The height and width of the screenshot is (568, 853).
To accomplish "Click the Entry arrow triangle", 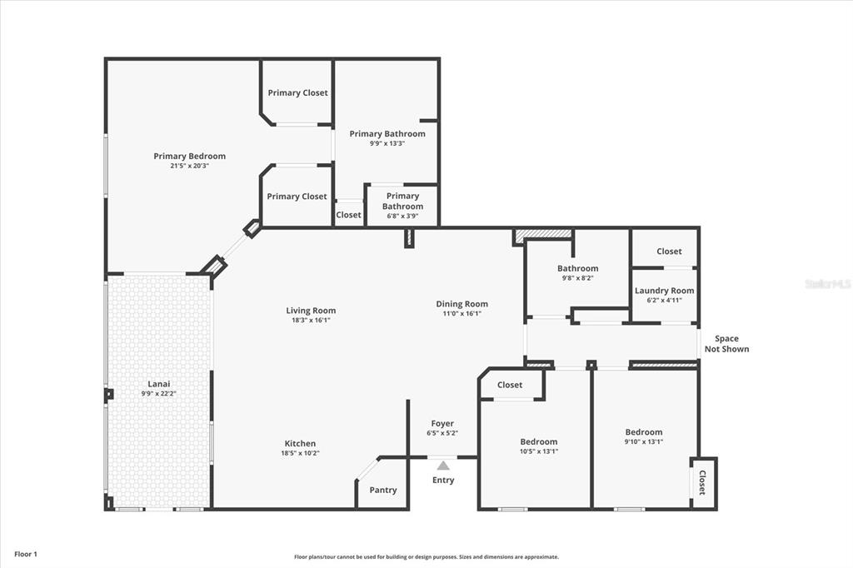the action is tap(443, 466).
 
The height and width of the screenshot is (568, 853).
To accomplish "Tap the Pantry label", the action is tap(383, 490).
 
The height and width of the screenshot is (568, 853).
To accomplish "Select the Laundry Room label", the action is tap(664, 291).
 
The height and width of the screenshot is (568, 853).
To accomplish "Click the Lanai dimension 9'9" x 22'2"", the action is tap(159, 393).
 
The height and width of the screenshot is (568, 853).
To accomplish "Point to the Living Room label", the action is tap(312, 311).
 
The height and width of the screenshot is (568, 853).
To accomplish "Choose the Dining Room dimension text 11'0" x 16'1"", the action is tap(461, 313).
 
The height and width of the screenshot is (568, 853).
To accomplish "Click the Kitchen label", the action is tap(300, 443).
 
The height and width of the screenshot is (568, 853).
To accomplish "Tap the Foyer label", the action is tap(442, 423).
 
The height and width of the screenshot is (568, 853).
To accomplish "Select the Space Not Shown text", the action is tap(726, 344).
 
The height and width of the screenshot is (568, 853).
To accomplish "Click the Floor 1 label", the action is tap(26, 555).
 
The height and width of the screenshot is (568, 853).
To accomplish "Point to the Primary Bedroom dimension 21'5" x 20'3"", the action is tap(189, 166).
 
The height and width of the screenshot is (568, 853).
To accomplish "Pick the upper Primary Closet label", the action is tap(297, 93).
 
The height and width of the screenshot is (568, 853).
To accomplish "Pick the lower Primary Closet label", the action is tap(297, 197).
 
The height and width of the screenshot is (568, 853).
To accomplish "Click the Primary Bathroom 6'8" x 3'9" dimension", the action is tap(402, 216).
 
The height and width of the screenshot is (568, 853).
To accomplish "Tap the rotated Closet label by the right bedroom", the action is tap(701, 482).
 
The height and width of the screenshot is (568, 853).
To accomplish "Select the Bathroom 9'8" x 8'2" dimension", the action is tap(578, 277).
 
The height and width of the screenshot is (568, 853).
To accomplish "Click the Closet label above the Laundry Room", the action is tap(669, 252).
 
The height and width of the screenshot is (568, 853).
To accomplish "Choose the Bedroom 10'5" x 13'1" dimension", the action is tap(539, 451).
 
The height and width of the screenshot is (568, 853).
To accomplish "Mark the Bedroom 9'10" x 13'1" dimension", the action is tap(644, 441).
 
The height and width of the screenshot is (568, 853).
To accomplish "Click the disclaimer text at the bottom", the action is tap(426, 556).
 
